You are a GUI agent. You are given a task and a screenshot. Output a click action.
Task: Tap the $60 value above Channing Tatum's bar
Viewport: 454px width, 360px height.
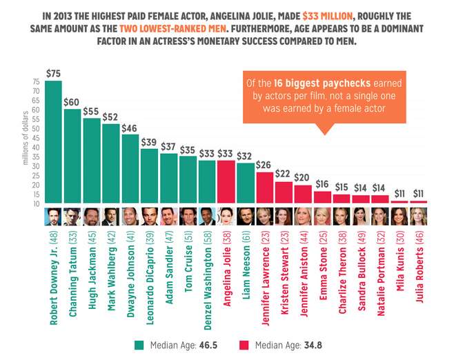(x=72, y=102)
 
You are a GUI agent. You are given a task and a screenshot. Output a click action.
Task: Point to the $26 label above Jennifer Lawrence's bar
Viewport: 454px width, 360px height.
(x=264, y=165)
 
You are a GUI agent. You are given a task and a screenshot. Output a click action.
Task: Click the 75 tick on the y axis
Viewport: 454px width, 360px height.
(x=36, y=81)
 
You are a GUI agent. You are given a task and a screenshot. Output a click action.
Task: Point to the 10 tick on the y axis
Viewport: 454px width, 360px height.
(x=36, y=203)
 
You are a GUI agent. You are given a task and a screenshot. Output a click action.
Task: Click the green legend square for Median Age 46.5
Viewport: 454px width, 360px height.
(x=138, y=344)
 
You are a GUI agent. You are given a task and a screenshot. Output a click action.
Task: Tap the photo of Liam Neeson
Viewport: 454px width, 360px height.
(x=246, y=216)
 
